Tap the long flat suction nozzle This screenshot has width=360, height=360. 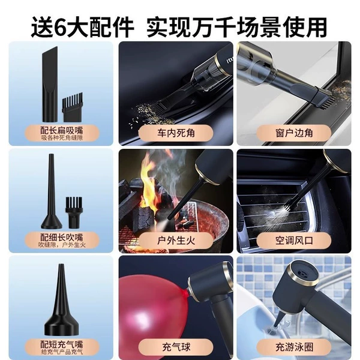click(50, 84)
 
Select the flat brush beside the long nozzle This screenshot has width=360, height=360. click(73, 107)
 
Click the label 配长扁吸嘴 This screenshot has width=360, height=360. click(62, 130)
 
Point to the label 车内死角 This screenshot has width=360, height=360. click(176, 133)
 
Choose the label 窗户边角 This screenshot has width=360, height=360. click(294, 133)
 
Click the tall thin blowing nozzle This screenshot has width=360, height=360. click(52, 191)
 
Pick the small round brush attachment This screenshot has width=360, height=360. click(74, 212)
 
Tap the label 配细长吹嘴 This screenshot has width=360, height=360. click(62, 237)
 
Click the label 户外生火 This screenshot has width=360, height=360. click(176, 241)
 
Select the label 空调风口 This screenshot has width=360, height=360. click(294, 241)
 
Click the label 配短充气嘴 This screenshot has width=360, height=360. click(62, 344)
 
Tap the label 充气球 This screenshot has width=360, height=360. click(176, 347)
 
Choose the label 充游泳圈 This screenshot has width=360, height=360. click(294, 347)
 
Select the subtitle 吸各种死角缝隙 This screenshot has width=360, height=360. click(62, 138)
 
